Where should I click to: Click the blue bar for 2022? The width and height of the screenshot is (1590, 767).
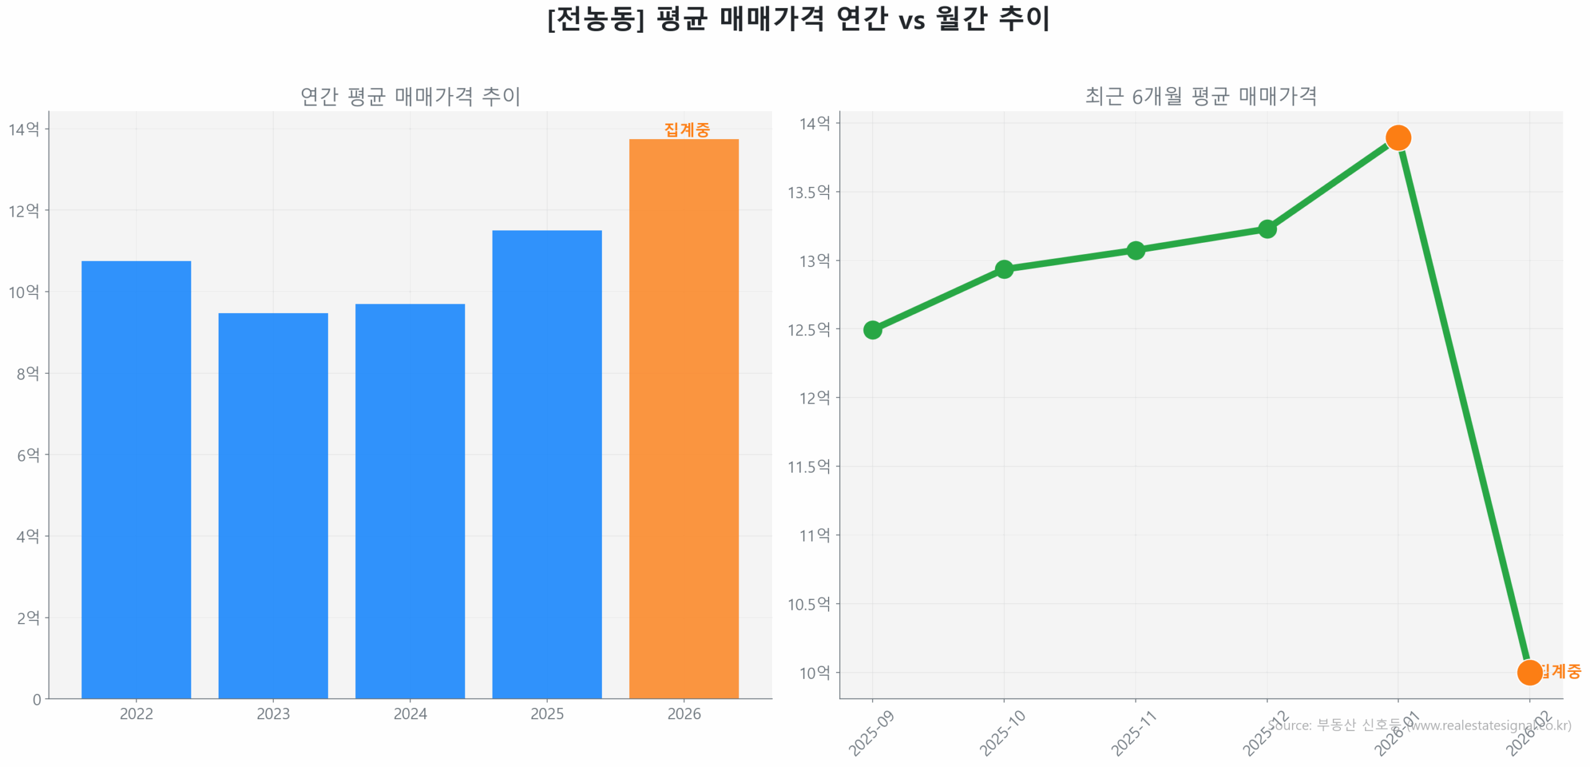tap(136, 478)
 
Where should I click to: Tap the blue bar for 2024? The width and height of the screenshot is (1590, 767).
tap(410, 500)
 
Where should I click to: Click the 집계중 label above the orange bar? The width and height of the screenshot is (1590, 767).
tap(686, 130)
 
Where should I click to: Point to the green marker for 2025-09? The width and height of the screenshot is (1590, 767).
tap(872, 330)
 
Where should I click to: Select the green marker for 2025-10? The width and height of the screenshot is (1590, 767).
tap(1004, 269)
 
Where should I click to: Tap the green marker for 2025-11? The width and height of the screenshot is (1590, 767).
tap(1135, 250)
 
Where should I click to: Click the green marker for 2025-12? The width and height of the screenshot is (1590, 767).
tap(1267, 229)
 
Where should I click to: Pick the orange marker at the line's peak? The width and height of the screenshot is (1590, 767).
tap(1397, 137)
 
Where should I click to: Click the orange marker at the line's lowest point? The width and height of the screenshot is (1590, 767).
tap(1529, 672)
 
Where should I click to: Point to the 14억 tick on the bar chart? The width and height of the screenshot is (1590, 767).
tap(24, 129)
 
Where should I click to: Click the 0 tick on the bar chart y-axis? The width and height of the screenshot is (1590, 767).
tap(37, 699)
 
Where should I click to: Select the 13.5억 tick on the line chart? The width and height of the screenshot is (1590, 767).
tap(808, 193)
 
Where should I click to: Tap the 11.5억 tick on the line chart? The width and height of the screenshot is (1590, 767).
tap(808, 467)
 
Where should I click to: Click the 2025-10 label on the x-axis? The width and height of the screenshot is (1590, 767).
tap(1001, 733)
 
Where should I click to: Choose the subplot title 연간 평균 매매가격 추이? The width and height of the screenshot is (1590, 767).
tap(410, 96)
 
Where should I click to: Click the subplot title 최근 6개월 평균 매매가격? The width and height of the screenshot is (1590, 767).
tap(1200, 96)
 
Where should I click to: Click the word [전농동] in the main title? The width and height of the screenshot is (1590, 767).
tap(595, 19)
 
